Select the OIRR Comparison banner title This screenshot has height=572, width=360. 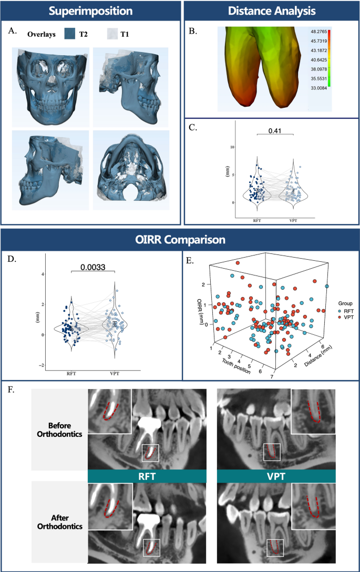tap(180, 240)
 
